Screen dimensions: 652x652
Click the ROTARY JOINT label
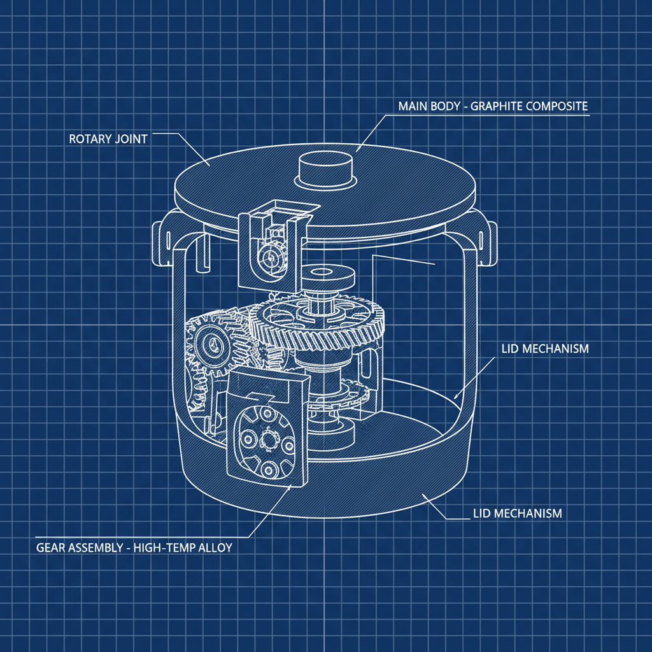coord(108,138)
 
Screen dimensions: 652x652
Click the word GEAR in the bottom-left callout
coord(51,546)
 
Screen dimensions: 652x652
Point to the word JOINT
coord(132,138)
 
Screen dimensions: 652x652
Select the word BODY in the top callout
coord(445,106)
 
